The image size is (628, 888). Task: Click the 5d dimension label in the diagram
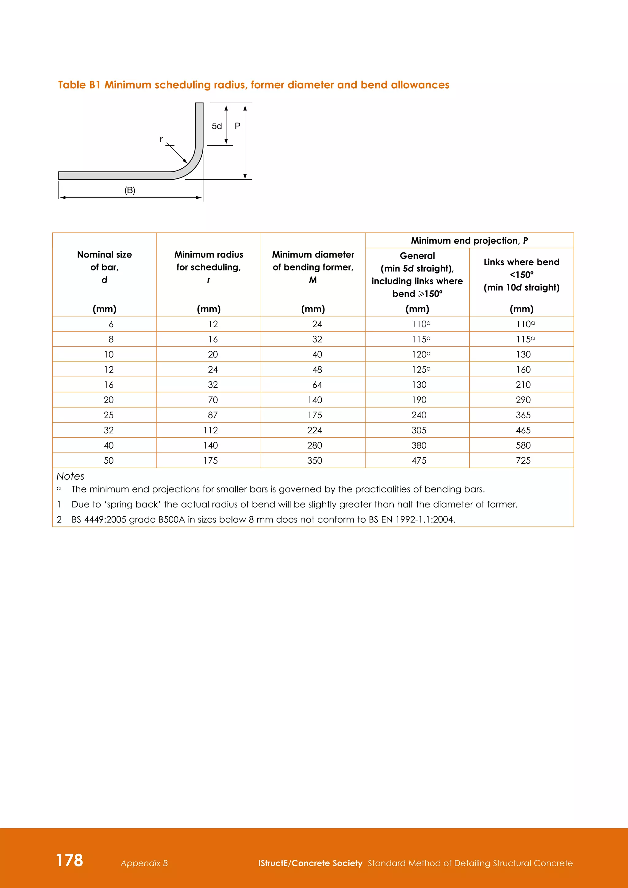216,126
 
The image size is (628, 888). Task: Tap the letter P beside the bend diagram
237,126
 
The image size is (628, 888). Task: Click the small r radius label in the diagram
161,139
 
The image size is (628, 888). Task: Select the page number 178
70,860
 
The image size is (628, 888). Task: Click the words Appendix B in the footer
144,863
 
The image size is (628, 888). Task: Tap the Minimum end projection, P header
469,241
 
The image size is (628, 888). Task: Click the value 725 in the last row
523,461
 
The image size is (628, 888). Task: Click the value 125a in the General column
421,370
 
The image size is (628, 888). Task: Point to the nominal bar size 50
109,461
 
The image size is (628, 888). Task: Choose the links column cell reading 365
523,415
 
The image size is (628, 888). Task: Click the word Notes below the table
71,476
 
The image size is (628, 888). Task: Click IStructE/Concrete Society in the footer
310,863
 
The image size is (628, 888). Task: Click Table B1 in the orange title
79,85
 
